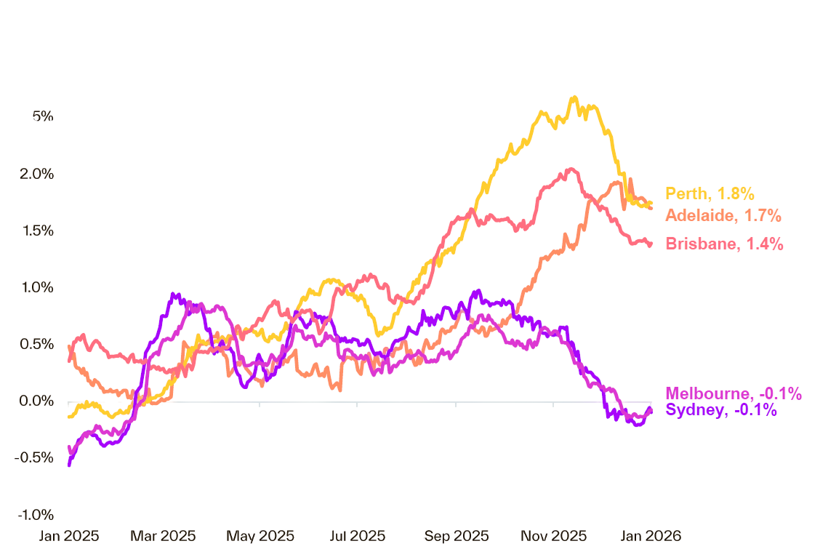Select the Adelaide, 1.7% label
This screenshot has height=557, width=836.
pos(723,215)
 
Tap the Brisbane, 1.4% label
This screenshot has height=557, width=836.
pos(724,244)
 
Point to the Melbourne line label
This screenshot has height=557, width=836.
pos(733,394)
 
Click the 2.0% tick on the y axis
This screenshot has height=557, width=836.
pos(37,173)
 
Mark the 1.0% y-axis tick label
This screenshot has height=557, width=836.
pos(37,287)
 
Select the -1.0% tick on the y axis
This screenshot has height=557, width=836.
pos(36,515)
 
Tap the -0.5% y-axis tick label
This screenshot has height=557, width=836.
pos(36,458)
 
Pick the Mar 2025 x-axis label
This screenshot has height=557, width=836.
pos(163,537)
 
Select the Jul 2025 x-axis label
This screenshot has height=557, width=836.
pos(357,537)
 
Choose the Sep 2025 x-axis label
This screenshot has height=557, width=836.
pos(456,537)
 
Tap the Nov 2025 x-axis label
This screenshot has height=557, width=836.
pos(553,537)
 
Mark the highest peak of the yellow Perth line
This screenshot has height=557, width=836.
pos(574,97)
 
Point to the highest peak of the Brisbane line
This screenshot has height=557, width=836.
pos(571,169)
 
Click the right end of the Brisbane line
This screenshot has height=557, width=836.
pos(651,244)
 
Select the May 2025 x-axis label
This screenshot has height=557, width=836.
pos(260,537)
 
